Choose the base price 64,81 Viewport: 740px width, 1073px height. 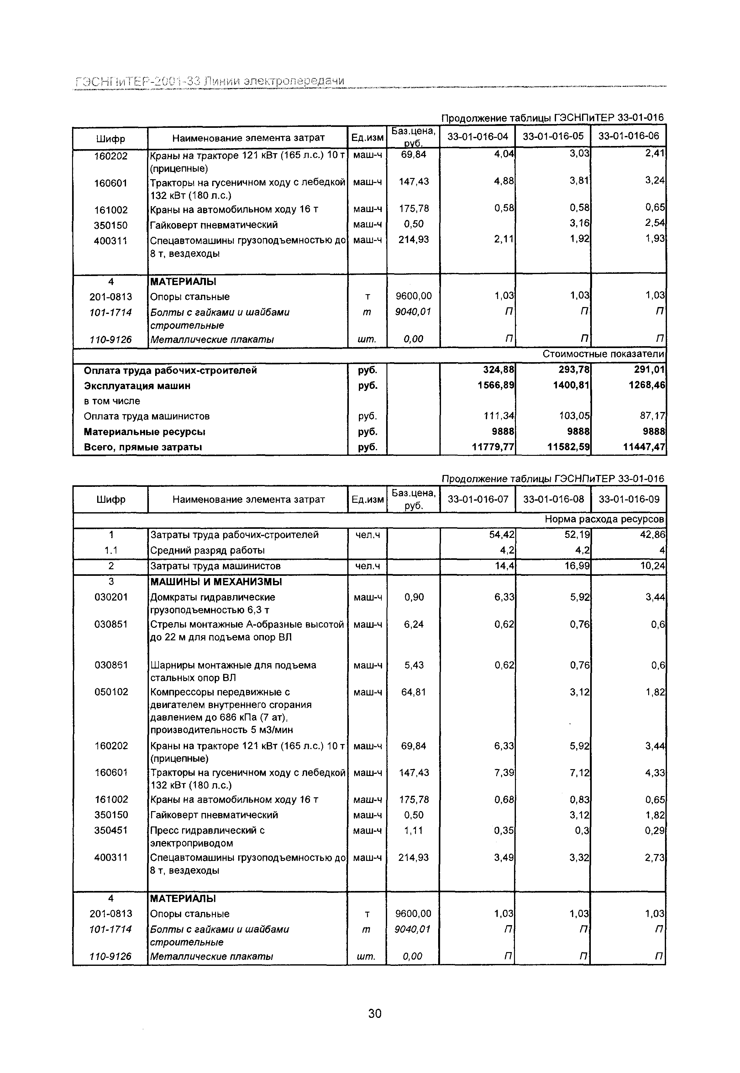tap(414, 692)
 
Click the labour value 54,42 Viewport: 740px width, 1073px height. tap(502, 535)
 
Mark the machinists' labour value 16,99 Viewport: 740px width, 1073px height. tap(577, 566)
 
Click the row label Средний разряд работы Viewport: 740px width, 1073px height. tap(207, 551)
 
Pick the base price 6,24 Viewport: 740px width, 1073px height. tap(414, 624)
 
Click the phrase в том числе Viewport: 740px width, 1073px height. tap(112, 401)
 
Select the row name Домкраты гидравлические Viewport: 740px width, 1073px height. tap(213, 597)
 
